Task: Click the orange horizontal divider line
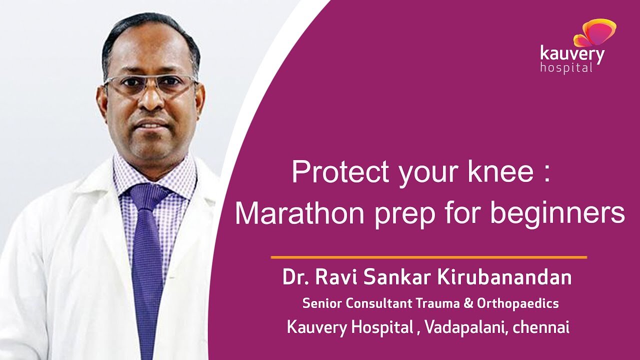(x=428, y=257)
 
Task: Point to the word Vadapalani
(x=464, y=327)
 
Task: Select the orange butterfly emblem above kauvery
(x=594, y=33)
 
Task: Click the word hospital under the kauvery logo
(x=565, y=67)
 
